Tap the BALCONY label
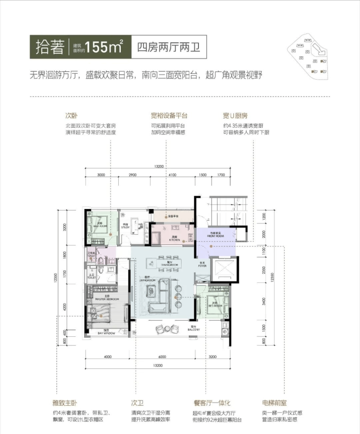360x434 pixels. [x=194, y=329]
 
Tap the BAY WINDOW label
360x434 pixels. [x=106, y=333]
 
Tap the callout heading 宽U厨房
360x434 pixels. [x=235, y=116]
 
